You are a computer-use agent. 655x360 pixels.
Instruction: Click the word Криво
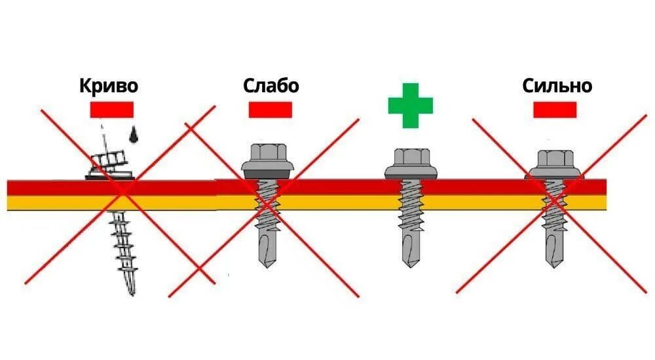[109, 86]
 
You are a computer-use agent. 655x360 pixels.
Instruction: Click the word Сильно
[557, 86]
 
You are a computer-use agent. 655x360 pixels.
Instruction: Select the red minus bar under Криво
[111, 109]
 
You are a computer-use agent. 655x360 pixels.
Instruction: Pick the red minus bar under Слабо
[270, 109]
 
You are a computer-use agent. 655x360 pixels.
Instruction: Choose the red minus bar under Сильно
[555, 109]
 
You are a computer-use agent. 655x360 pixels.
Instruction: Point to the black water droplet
[134, 134]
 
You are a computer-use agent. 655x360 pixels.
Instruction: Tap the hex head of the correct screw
[411, 158]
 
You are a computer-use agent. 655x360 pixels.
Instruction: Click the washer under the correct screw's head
[411, 172]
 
